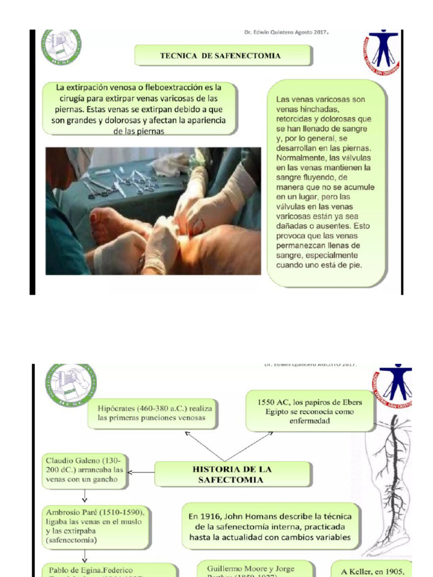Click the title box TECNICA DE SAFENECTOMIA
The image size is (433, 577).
(222, 56)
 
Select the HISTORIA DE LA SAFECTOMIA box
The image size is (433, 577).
(232, 474)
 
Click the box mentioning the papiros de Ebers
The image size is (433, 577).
(311, 411)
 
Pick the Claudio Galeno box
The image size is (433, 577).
(84, 469)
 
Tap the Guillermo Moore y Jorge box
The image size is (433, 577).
(250, 569)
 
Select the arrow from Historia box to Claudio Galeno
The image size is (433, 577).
(141, 472)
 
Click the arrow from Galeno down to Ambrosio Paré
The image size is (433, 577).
(85, 495)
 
